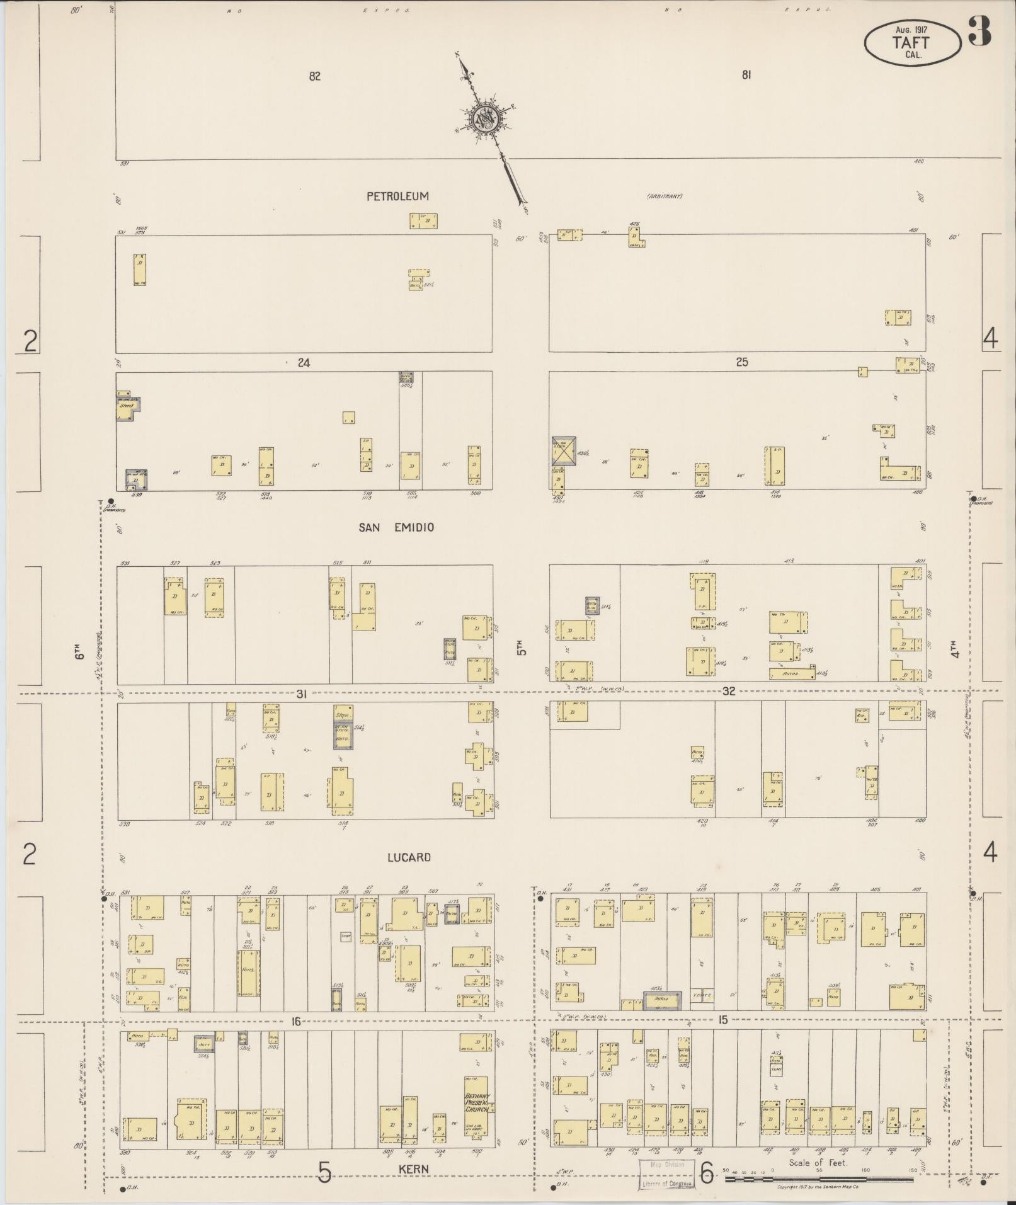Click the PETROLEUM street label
[397, 197]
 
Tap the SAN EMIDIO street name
[396, 527]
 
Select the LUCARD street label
[409, 857]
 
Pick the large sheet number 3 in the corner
[980, 31]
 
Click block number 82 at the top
[315, 76]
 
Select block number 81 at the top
[746, 75]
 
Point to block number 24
[304, 363]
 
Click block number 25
[742, 362]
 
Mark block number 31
[302, 694]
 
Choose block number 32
[729, 691]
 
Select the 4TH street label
[956, 649]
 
